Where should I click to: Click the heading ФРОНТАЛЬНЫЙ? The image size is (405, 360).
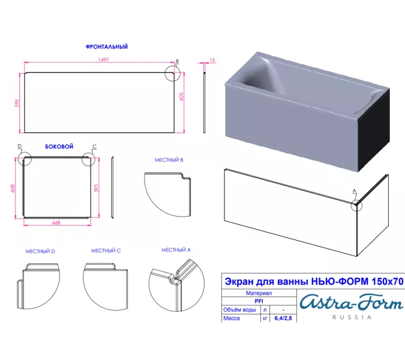click(x=107, y=47)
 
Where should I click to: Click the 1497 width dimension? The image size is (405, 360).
click(x=103, y=59)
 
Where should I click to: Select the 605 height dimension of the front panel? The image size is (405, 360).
click(x=181, y=97)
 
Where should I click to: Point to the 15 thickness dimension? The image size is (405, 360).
click(x=212, y=60)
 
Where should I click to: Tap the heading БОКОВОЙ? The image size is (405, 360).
click(x=59, y=146)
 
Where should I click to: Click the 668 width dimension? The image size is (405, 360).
click(x=56, y=223)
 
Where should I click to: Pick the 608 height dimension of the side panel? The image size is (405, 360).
click(x=13, y=188)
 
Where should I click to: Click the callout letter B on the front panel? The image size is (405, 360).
click(x=177, y=61)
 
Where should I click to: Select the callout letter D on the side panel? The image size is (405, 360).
click(x=20, y=146)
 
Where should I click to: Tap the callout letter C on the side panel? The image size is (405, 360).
click(x=95, y=146)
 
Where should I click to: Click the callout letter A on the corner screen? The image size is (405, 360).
click(x=355, y=191)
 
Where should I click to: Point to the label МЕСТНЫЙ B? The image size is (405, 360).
click(x=169, y=160)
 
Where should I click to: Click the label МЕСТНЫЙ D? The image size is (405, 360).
click(x=40, y=251)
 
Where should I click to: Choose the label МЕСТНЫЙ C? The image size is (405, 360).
click(x=106, y=251)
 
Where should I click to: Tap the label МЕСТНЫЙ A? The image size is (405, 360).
click(x=176, y=250)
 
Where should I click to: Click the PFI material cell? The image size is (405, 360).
click(x=259, y=301)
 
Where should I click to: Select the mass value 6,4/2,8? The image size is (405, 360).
click(x=283, y=318)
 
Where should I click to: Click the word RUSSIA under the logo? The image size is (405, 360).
click(x=352, y=317)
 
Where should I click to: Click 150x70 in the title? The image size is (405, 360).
click(x=387, y=281)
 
